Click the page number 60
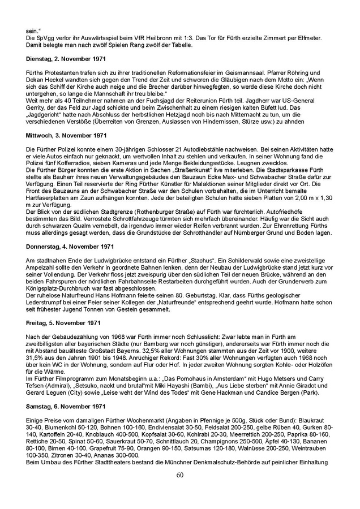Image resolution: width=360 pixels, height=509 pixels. click(x=179, y=490)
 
